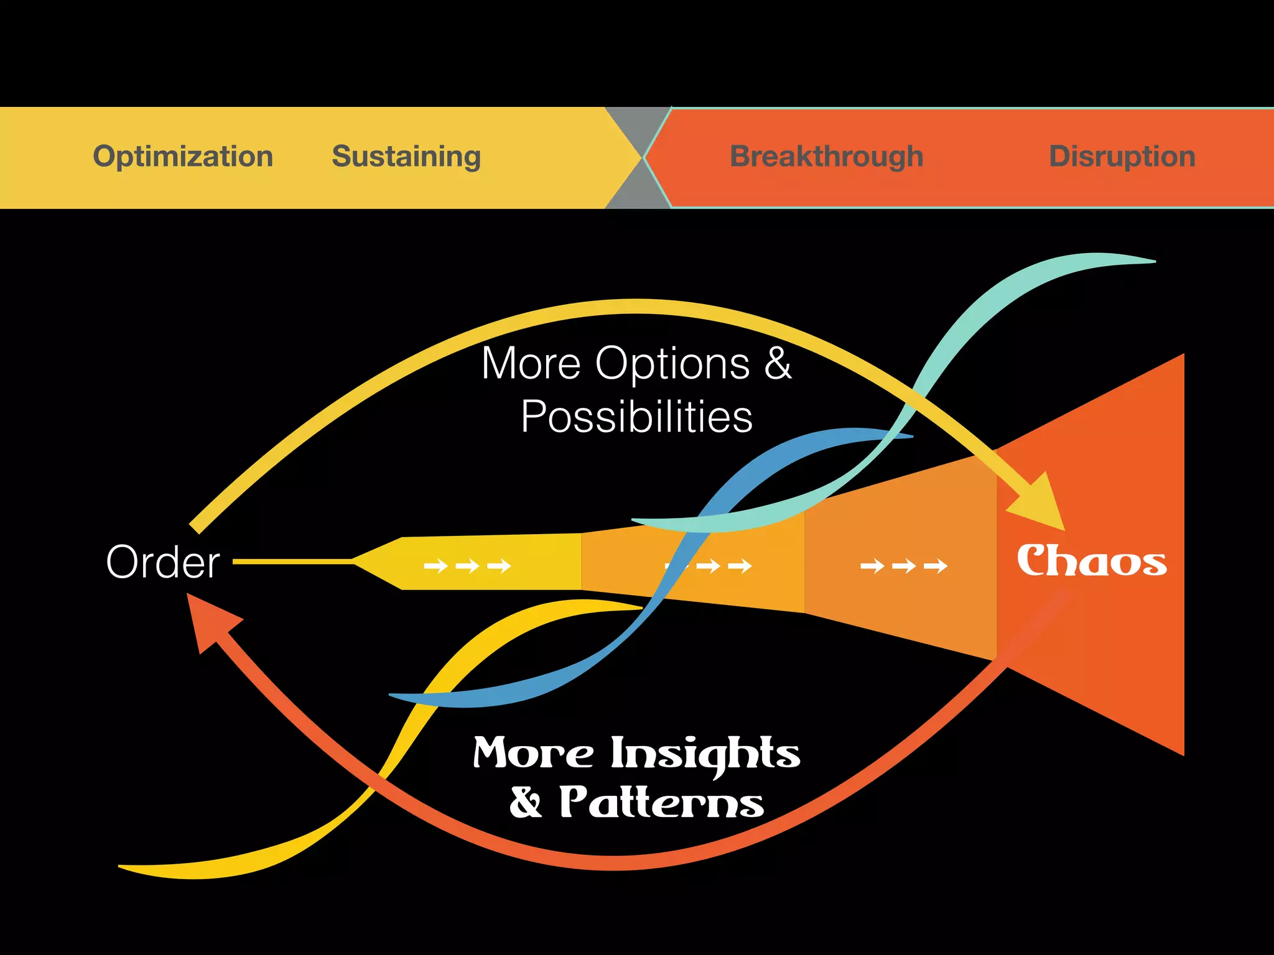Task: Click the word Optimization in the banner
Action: coord(183,156)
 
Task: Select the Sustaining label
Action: coord(406,156)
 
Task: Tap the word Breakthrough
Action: coord(826,156)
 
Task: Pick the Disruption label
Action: coord(1122,156)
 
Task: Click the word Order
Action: coord(163,562)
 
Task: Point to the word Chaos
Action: coord(1092,561)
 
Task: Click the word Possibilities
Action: coord(636,417)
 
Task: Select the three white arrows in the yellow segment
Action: coord(467,566)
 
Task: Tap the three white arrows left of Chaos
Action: coord(903,566)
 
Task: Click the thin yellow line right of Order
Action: coord(292,561)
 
